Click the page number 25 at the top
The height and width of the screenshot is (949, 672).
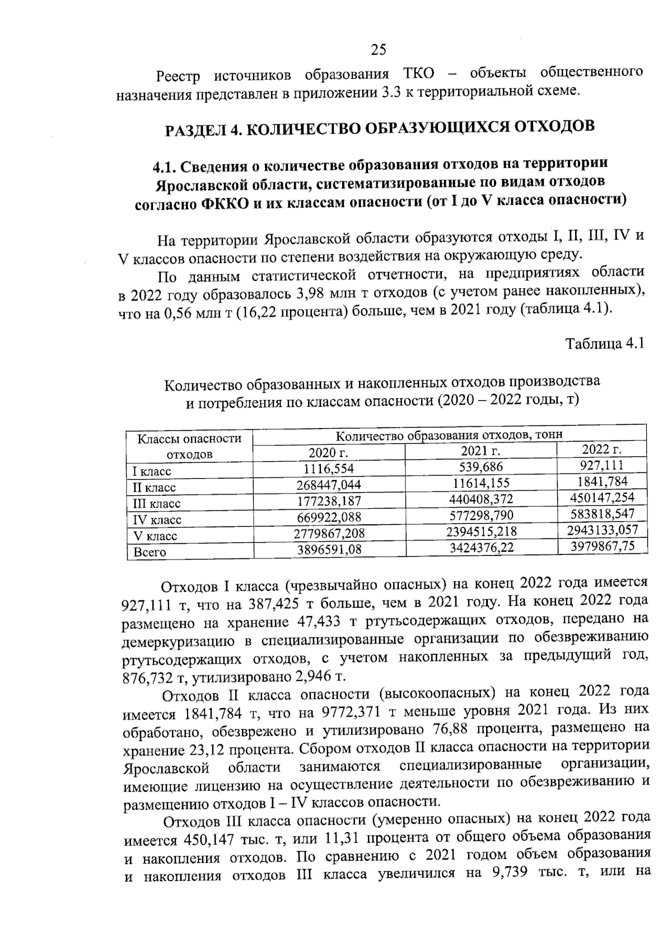(378, 50)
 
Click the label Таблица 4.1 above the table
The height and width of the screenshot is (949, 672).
(605, 342)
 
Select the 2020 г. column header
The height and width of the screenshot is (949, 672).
(328, 452)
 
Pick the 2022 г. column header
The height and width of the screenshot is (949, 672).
(602, 449)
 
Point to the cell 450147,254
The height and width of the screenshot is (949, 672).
(603, 497)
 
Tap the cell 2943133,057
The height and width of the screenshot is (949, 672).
(603, 529)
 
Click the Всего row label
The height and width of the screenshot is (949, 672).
(150, 552)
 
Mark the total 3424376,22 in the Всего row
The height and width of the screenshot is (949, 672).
(482, 547)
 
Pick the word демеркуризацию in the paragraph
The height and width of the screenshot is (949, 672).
(180, 640)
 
